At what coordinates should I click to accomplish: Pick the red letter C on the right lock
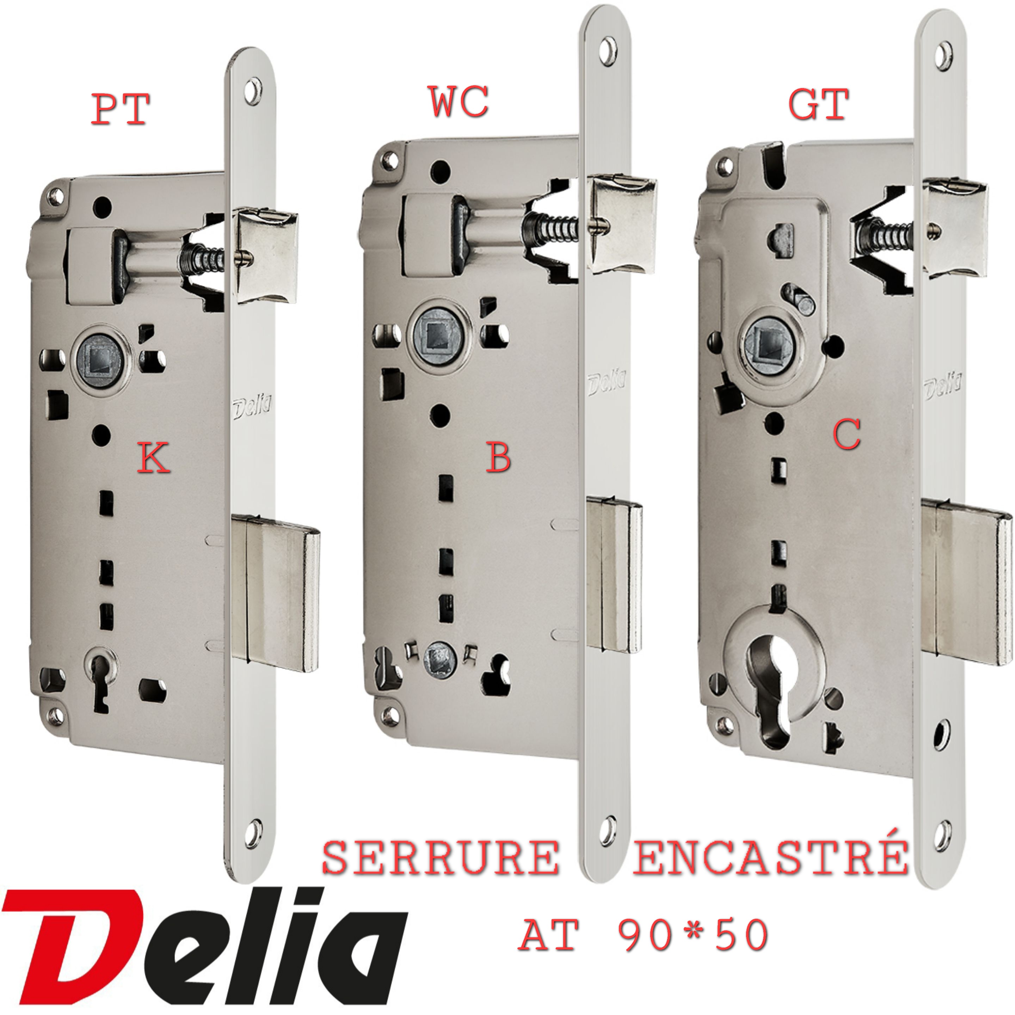pyautogui.click(x=847, y=434)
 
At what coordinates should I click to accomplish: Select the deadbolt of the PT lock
pyautogui.click(x=276, y=593)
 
